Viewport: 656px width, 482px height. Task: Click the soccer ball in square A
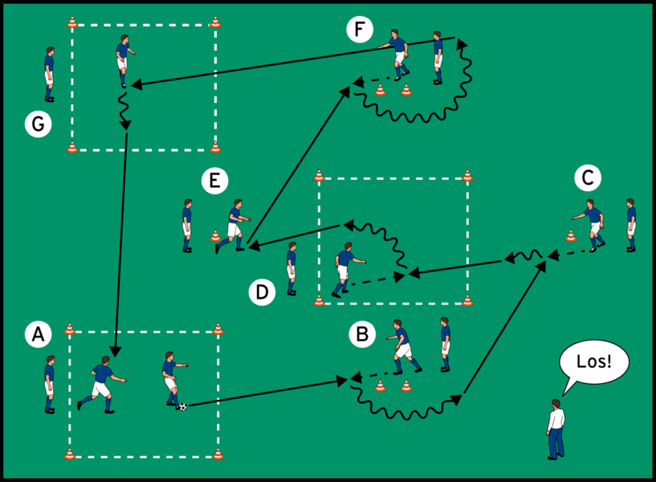[182, 406]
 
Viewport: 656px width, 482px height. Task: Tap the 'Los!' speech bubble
[593, 363]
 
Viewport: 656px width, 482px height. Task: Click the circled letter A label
[35, 333]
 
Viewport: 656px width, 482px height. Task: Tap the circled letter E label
[213, 182]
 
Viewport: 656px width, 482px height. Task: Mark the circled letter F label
[360, 31]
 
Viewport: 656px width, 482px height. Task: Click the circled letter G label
[36, 124]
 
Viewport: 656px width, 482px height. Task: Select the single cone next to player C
[571, 236]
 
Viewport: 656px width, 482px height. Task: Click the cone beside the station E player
[215, 236]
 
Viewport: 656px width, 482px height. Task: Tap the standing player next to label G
[50, 74]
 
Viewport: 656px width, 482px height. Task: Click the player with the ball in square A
[171, 378]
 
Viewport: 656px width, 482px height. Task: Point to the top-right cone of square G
[215, 22]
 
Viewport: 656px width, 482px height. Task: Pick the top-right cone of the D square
[467, 175]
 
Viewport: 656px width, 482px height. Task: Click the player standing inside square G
[123, 60]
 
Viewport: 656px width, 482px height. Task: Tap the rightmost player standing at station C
[630, 225]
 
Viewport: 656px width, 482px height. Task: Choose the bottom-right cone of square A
[218, 455]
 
